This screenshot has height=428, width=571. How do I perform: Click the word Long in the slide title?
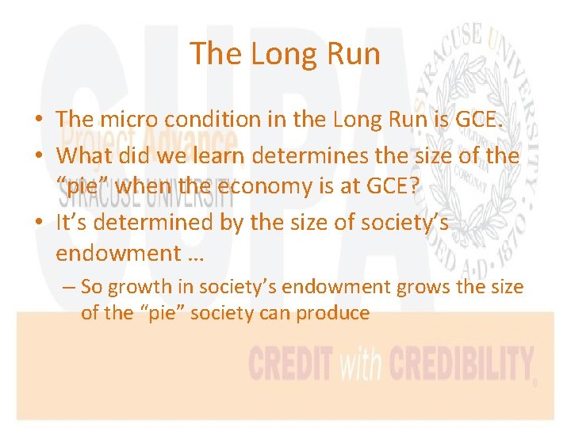coord(273,54)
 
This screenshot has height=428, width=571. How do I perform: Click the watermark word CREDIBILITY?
coord(459,365)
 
